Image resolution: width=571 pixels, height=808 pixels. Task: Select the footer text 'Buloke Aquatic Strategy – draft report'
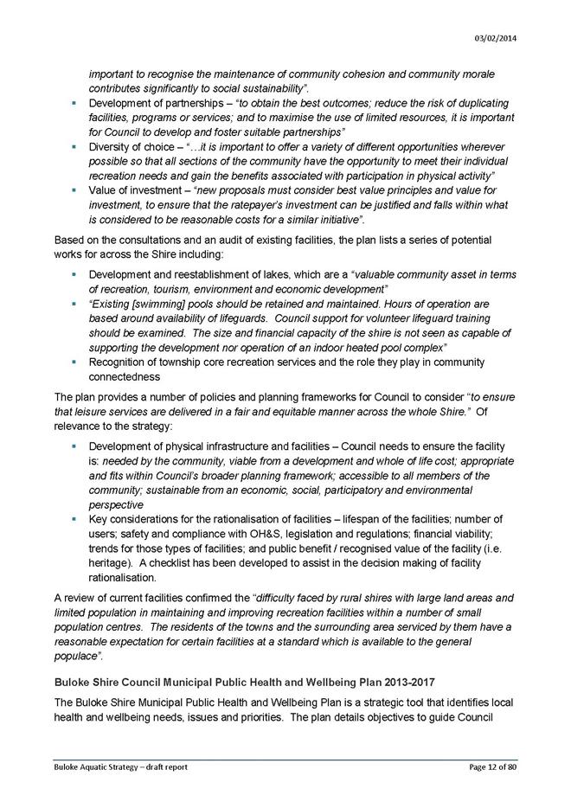pyautogui.click(x=119, y=767)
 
